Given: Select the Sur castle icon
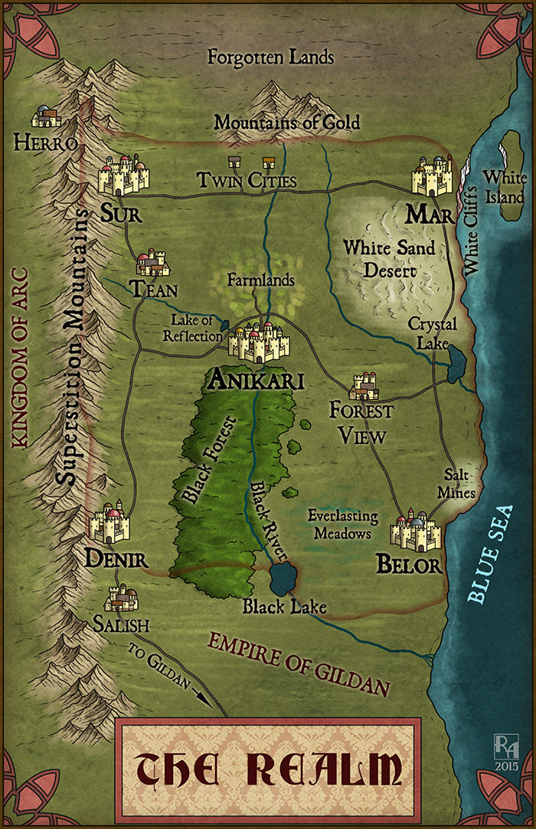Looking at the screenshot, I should [x=123, y=175].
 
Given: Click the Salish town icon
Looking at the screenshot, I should [x=123, y=598].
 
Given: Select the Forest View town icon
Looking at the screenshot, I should [x=364, y=387].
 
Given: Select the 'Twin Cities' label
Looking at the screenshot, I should [x=247, y=181].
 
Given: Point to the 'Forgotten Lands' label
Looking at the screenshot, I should [x=271, y=57].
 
